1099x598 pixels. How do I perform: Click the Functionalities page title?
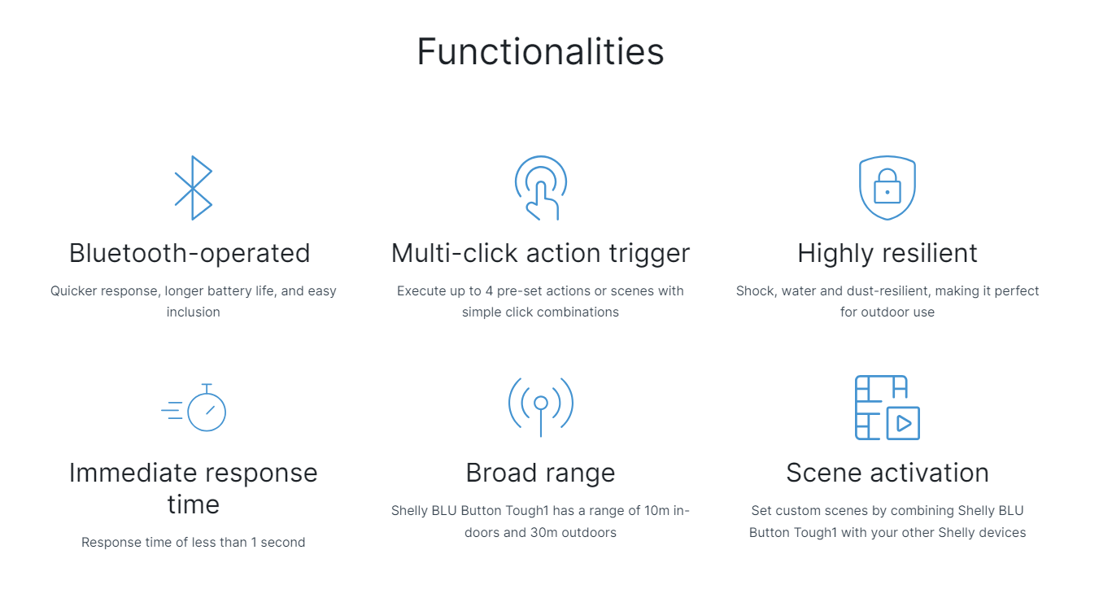(x=540, y=51)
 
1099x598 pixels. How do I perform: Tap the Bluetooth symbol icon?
(x=194, y=188)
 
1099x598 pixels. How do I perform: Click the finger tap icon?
(x=541, y=189)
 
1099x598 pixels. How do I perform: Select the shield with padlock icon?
(x=887, y=188)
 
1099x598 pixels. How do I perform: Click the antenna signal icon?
(x=541, y=407)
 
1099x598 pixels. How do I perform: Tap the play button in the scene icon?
(x=903, y=423)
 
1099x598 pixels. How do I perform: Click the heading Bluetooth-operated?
(x=190, y=253)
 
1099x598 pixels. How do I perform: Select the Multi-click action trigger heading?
(x=540, y=254)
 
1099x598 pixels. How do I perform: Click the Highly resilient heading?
(x=887, y=254)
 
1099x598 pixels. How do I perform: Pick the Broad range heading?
(x=540, y=473)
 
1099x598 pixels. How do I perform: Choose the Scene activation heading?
(x=887, y=473)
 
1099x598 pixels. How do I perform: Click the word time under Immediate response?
(x=194, y=504)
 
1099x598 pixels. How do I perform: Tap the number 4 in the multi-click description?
(x=489, y=291)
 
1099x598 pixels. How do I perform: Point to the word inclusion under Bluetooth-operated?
(x=194, y=312)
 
